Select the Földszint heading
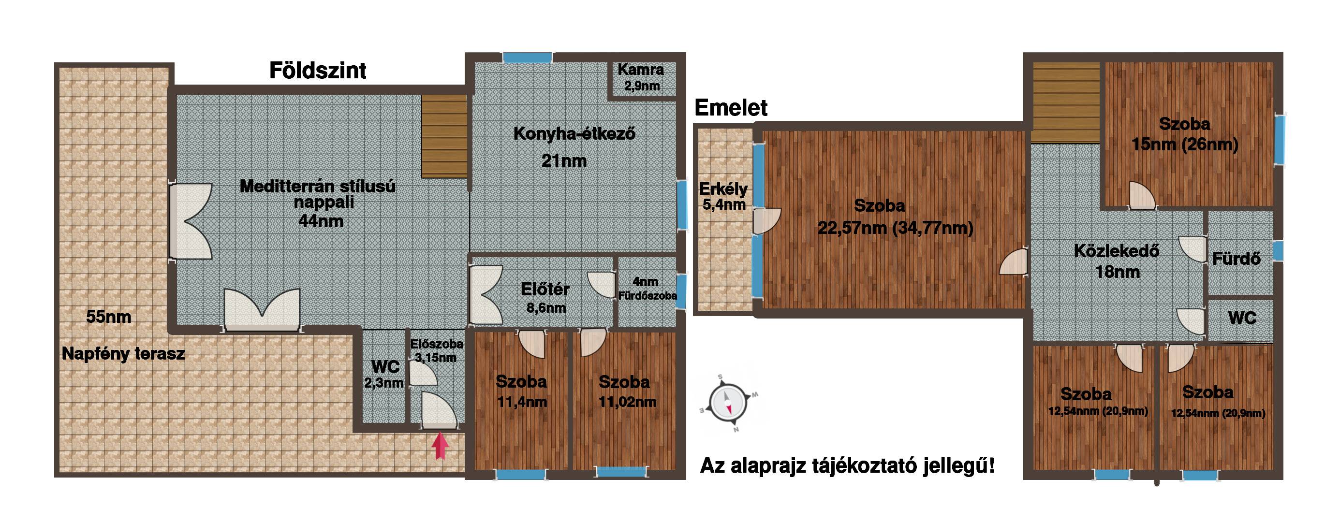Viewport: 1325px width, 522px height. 317,71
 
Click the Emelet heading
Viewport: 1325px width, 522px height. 730,107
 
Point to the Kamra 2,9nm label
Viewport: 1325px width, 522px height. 641,77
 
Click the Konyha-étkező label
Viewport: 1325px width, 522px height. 574,134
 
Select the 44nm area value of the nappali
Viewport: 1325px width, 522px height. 321,221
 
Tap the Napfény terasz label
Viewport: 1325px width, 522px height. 123,354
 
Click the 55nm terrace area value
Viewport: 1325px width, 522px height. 108,316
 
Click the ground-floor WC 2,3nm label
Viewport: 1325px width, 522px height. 384,374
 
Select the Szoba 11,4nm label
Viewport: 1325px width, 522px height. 521,391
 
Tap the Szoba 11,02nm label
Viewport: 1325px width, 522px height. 624,391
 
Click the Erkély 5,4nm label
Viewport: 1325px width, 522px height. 723,196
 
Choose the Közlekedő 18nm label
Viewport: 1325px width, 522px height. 1117,261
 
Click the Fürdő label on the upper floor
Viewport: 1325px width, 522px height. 1237,258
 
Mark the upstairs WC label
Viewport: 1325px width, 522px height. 1242,318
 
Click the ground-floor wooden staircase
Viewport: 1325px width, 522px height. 444,136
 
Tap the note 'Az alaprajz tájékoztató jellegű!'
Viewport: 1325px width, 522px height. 848,466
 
